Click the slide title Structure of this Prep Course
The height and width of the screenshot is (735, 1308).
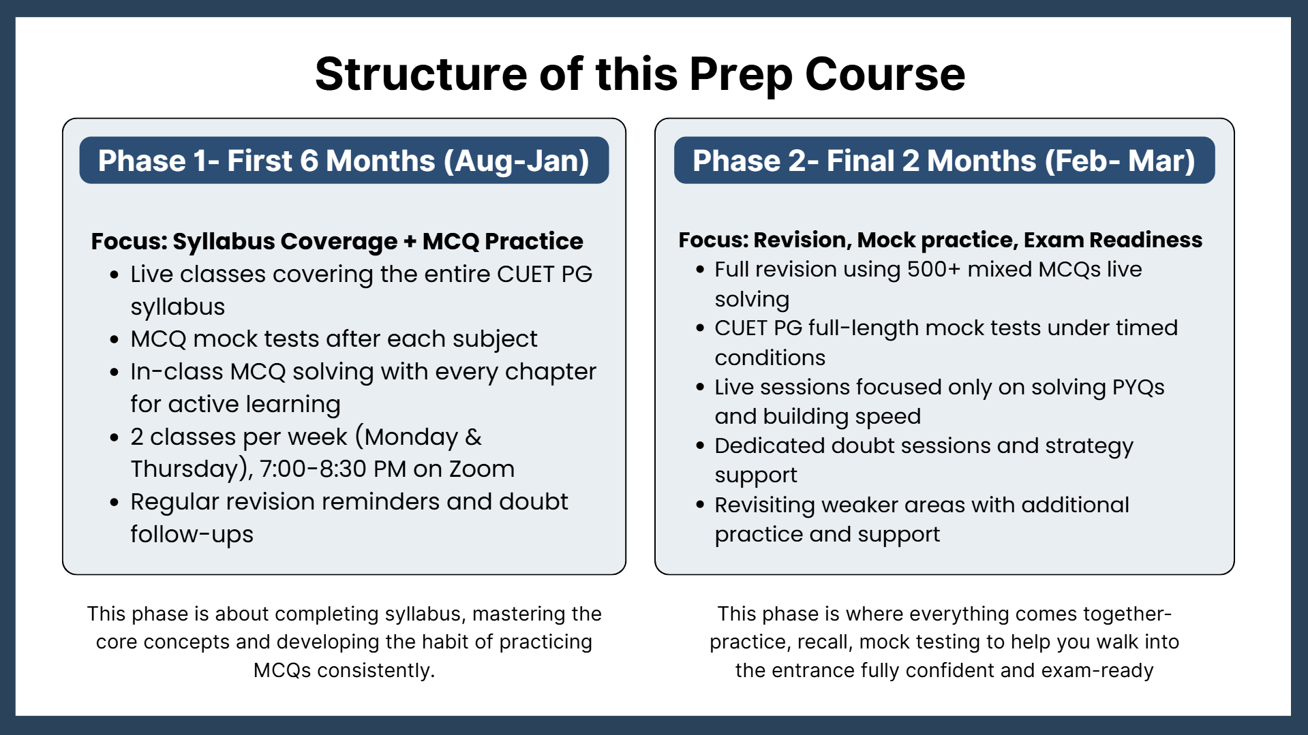pyautogui.click(x=640, y=74)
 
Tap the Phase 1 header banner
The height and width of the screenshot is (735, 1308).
pyautogui.click(x=344, y=160)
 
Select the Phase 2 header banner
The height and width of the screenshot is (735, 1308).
pyautogui.click(x=944, y=160)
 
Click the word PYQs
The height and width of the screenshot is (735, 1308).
pyautogui.click(x=1138, y=387)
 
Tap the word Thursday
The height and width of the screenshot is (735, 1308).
pyautogui.click(x=184, y=469)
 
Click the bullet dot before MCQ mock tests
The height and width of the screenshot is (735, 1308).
pyautogui.click(x=115, y=339)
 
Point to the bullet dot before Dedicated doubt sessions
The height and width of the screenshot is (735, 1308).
pyautogui.click(x=700, y=446)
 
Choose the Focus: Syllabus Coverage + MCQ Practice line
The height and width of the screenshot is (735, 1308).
pyautogui.click(x=337, y=241)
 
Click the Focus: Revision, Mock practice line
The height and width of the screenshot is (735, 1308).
pyautogui.click(x=941, y=240)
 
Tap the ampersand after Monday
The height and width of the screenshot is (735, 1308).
pyautogui.click(x=474, y=437)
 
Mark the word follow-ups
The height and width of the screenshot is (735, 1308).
pyautogui.click(x=192, y=535)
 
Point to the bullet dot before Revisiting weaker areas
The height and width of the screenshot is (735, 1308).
pyautogui.click(x=700, y=505)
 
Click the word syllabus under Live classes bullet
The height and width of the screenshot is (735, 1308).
pyautogui.click(x=178, y=307)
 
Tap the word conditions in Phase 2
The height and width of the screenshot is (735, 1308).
pyautogui.click(x=770, y=358)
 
